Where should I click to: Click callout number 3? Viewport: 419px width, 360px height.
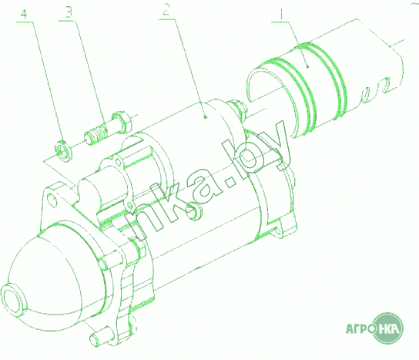click(x=69, y=12)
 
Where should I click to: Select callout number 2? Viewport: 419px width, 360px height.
click(x=166, y=9)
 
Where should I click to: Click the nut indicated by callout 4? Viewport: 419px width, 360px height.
click(x=63, y=150)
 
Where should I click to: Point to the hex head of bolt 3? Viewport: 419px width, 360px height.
click(x=122, y=122)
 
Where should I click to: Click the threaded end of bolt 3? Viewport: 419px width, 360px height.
click(x=97, y=134)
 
